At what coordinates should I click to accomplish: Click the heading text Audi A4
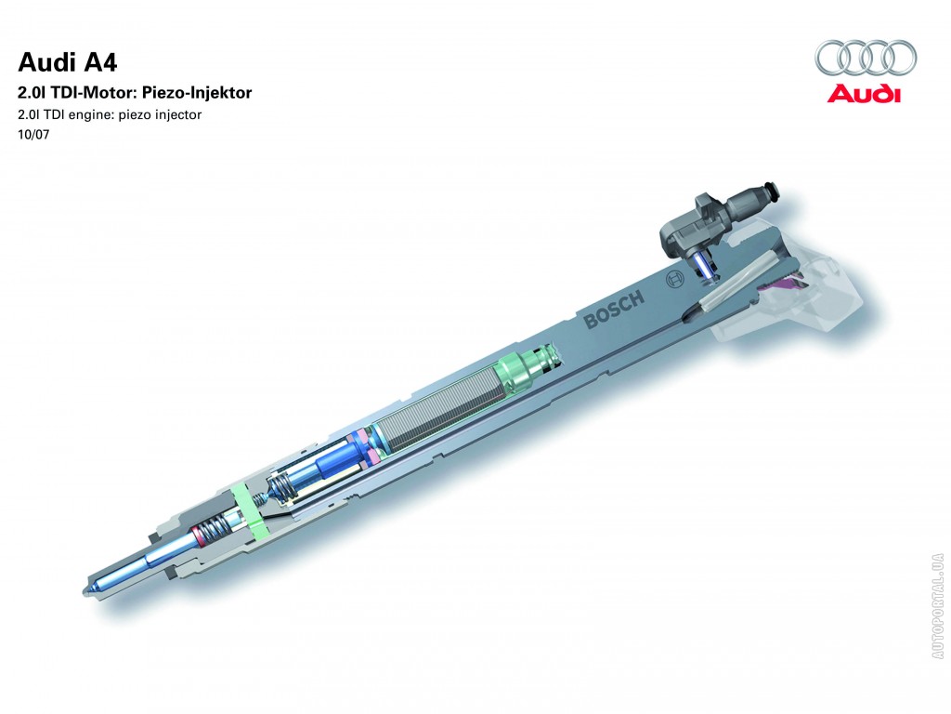point(67,62)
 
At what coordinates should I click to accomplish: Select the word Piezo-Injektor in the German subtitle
point(197,93)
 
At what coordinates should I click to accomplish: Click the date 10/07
point(33,134)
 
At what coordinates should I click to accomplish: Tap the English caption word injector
point(177,114)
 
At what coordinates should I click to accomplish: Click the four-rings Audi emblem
point(866,58)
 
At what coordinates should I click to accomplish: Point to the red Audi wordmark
point(864,94)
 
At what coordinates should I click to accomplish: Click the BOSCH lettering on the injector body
point(613,309)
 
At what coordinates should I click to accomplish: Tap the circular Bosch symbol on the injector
point(674,279)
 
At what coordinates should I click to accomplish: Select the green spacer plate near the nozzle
point(250,511)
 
